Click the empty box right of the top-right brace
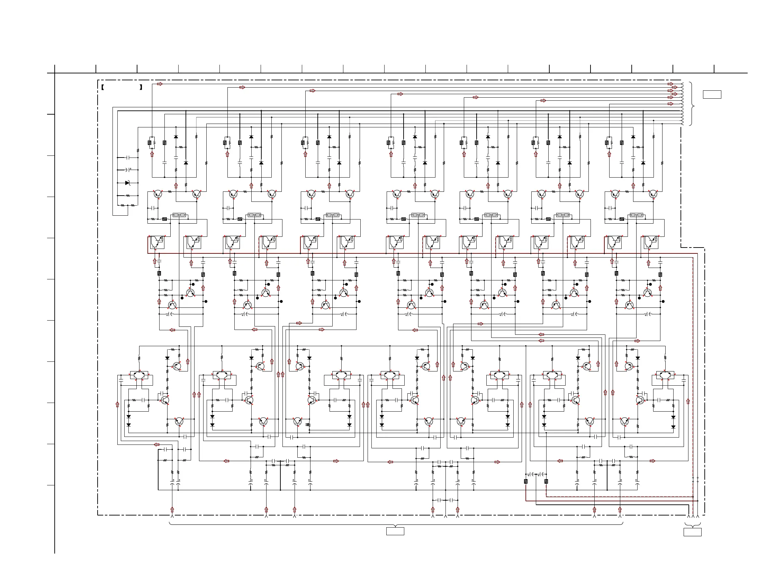[712, 95]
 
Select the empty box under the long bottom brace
[395, 531]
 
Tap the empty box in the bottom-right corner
[692, 532]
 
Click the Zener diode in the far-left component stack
[128, 183]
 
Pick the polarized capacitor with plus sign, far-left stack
[128, 170]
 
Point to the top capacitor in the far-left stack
[128, 158]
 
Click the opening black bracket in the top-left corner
[102, 87]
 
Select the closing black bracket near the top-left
[141, 87]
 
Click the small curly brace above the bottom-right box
[692, 525]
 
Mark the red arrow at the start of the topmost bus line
[160, 84]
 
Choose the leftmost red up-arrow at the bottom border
[172, 510]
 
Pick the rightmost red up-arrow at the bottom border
[620, 510]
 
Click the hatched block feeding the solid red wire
[526, 482]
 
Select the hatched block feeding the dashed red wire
[546, 482]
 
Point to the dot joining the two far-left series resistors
[128, 205]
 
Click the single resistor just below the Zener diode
[128, 196]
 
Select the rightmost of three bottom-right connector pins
[697, 516]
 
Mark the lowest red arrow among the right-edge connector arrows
[670, 104]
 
